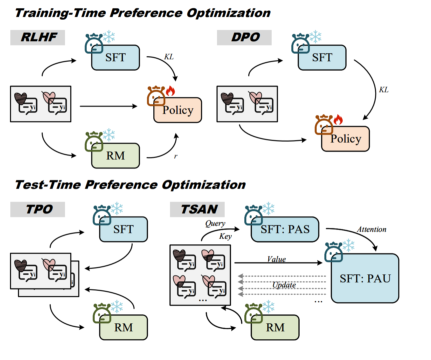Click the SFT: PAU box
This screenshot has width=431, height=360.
[365, 278]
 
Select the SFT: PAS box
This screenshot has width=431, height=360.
[285, 229]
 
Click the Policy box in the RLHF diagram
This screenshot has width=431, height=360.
[178, 110]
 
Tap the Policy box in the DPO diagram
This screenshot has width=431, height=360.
[346, 139]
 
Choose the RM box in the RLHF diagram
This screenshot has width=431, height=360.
[116, 156]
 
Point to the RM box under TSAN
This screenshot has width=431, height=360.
[275, 328]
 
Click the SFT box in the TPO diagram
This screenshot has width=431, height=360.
[123, 229]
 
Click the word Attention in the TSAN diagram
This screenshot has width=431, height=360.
[372, 229]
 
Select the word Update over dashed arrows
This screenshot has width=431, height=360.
[284, 285]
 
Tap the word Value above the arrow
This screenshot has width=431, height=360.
[276, 259]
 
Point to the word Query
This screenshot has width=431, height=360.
[215, 223]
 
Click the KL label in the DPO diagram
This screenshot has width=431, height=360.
[384, 90]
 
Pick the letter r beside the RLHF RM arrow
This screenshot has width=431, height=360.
[176, 156]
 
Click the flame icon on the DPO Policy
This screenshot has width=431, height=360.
[338, 120]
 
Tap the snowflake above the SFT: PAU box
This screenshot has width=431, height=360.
[348, 245]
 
